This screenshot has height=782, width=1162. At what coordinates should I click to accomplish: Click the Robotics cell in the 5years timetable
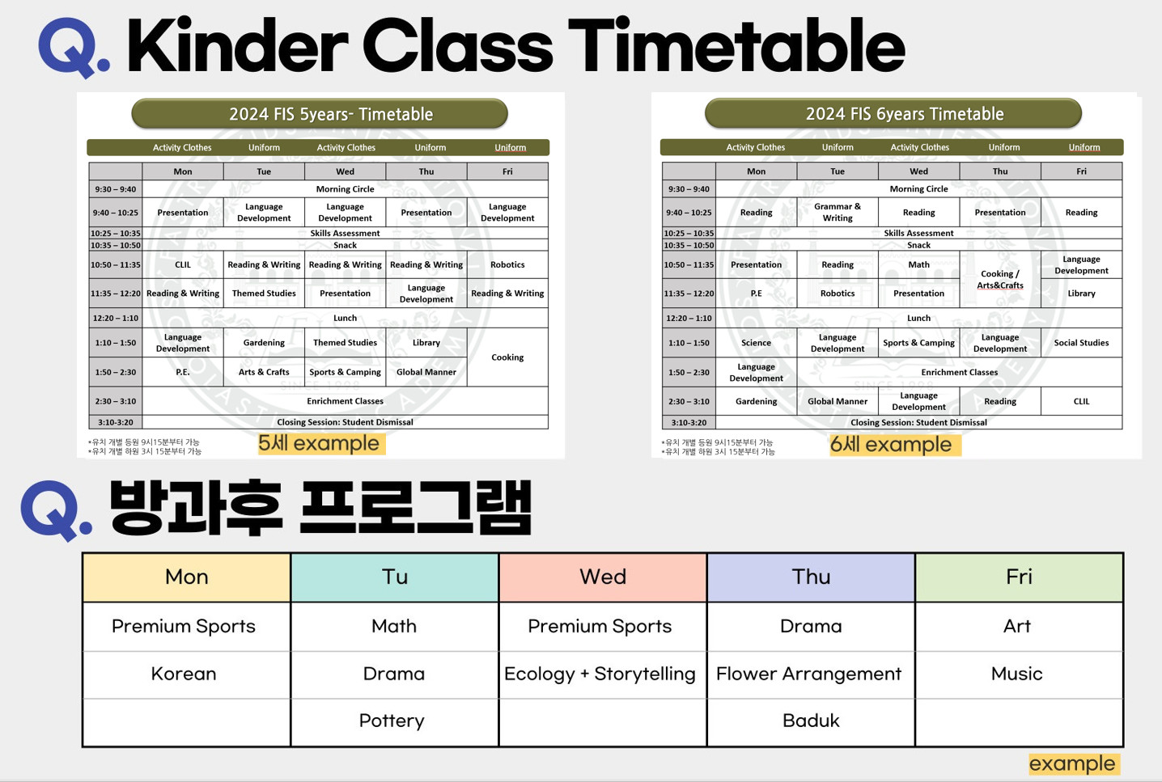(x=507, y=264)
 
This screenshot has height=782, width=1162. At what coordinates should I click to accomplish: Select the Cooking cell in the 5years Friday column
(x=507, y=357)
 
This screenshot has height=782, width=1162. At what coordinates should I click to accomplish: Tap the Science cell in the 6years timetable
(x=756, y=343)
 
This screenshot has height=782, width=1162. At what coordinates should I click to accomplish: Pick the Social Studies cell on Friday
(x=1081, y=343)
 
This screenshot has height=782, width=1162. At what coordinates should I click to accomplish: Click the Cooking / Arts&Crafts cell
(x=999, y=280)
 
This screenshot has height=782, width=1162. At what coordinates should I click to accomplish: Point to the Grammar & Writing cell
(x=838, y=212)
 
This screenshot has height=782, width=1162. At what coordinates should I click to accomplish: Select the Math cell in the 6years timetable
(x=918, y=264)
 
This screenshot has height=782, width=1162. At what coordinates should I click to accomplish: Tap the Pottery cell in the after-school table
(x=392, y=721)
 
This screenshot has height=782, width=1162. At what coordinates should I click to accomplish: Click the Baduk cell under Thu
(x=811, y=721)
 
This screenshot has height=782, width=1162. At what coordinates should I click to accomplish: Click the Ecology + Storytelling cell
(x=600, y=674)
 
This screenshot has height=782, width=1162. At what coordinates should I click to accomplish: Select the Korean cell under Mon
(x=184, y=674)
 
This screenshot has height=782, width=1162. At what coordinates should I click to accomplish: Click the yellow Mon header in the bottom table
(x=187, y=577)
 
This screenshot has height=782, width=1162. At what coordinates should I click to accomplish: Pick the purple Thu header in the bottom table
(x=811, y=577)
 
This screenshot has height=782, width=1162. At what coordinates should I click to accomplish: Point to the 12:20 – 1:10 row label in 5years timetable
(x=115, y=318)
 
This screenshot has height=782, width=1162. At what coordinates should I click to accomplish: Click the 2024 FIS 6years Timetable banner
(x=893, y=113)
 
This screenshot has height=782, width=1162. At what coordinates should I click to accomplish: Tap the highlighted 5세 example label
(x=321, y=444)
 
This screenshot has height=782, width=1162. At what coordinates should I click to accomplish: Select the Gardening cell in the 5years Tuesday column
(x=264, y=343)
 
